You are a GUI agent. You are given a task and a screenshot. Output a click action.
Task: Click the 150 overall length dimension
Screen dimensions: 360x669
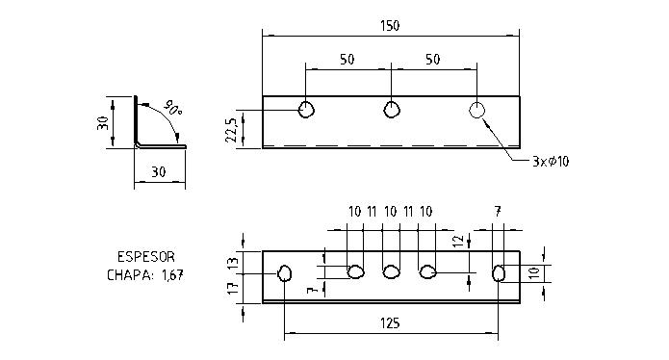[x=391, y=25]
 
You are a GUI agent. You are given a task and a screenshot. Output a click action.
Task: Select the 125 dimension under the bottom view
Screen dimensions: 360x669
[x=390, y=323]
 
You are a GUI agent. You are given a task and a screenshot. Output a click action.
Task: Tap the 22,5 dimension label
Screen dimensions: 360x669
[x=230, y=128]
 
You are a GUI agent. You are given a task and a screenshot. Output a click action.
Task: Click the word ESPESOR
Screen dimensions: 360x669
[x=145, y=258]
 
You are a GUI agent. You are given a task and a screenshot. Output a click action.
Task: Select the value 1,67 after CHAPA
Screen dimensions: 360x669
[x=171, y=274]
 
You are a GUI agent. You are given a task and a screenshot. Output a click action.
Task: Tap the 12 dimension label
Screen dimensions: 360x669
[x=458, y=242]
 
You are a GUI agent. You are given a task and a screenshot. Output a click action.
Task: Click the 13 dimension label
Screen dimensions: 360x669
[x=230, y=261]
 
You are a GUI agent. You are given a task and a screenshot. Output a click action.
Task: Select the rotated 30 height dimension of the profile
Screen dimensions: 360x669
[x=102, y=123]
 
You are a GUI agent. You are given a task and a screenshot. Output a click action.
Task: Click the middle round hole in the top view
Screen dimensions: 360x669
[x=391, y=110]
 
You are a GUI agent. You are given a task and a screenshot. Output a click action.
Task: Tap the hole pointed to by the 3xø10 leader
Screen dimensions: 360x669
[x=476, y=110]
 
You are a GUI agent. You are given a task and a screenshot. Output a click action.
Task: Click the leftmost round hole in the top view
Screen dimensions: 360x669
[x=306, y=110]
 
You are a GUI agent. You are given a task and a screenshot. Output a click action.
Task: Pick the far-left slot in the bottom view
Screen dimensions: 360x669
[x=285, y=274]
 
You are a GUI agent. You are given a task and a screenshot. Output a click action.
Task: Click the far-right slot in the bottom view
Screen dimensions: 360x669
[x=499, y=274]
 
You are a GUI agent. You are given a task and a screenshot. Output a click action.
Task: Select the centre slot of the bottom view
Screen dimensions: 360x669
[x=391, y=271]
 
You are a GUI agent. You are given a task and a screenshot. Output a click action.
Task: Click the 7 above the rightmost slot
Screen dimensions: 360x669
[x=497, y=211]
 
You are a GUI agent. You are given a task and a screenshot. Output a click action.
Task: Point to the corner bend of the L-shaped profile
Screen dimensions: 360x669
[x=137, y=145]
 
